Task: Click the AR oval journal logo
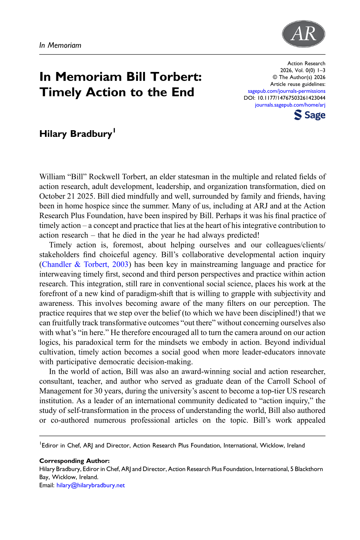point(303,34)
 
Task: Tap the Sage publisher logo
point(310,115)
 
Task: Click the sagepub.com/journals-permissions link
point(287,91)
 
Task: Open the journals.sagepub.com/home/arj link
point(290,105)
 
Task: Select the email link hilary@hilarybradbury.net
point(91,485)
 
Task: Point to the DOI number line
point(285,98)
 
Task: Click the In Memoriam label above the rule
point(60,45)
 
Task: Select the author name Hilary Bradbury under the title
point(76,134)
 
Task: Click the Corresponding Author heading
point(74,461)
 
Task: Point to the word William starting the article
point(53,177)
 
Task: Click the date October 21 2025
point(67,196)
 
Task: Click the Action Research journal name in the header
point(306,63)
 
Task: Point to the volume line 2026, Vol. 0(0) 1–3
point(303,70)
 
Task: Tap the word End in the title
point(183,92)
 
